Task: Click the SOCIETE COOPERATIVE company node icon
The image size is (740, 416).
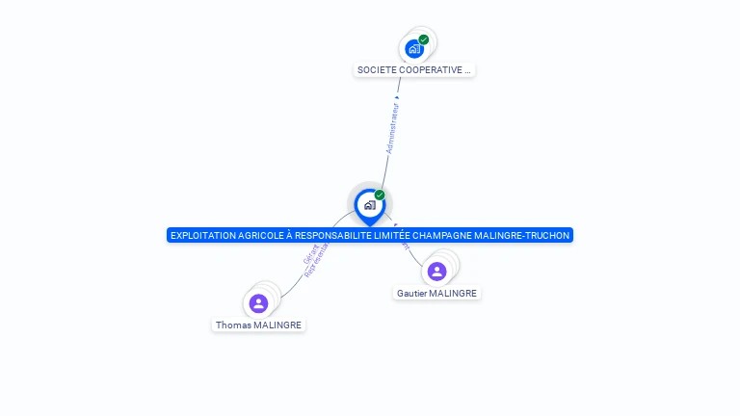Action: [x=414, y=48]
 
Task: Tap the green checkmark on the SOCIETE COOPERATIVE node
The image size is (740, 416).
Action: [x=424, y=39]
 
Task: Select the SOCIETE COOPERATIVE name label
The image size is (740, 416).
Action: [x=414, y=70]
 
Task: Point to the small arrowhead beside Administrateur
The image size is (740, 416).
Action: [x=397, y=96]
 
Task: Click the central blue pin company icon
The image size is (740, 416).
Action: [x=369, y=205]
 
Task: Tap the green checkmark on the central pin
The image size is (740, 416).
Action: [x=380, y=195]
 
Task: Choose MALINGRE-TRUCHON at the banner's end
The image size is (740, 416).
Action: [x=534, y=235]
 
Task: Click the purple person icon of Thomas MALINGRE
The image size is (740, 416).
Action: [x=258, y=304]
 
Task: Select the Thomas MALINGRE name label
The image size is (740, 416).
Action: [x=258, y=325]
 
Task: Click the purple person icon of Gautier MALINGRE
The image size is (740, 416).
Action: [x=436, y=272]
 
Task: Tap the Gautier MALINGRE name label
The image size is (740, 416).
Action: [x=436, y=293]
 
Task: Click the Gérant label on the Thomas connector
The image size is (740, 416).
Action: [x=310, y=255]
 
